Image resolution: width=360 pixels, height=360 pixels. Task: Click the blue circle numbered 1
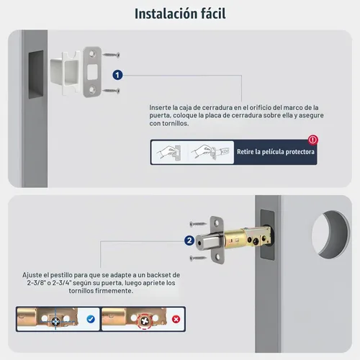pyautogui.click(x=117, y=75)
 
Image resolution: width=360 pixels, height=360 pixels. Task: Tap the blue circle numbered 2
pyautogui.click(x=189, y=240)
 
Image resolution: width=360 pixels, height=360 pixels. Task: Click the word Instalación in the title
pyautogui.click(x=166, y=14)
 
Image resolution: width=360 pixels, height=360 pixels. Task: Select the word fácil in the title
pyautogui.click(x=213, y=14)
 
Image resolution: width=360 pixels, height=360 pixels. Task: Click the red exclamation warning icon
pyautogui.click(x=313, y=140)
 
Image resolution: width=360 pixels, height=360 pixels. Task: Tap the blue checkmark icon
pyautogui.click(x=91, y=319)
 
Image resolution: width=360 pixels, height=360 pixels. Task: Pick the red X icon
pyautogui.click(x=176, y=319)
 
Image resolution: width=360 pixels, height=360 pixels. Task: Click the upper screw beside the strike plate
pyautogui.click(x=111, y=55)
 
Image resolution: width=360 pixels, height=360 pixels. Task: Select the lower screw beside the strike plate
pyautogui.click(x=111, y=91)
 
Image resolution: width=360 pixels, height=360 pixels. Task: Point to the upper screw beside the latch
pyautogui.click(x=198, y=224)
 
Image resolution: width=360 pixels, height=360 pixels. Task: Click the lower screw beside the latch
pyautogui.click(x=198, y=258)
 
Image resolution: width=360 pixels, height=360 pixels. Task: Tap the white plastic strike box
pyautogui.click(x=65, y=73)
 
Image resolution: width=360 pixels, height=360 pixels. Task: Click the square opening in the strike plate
pyautogui.click(x=92, y=72)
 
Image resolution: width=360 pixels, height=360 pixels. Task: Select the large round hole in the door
pyautogui.click(x=330, y=235)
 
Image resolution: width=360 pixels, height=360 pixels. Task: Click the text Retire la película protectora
pyautogui.click(x=276, y=152)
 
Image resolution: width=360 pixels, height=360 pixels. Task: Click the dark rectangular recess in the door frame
pyautogui.click(x=36, y=74)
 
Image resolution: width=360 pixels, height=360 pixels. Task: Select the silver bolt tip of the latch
pyautogui.click(x=207, y=243)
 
